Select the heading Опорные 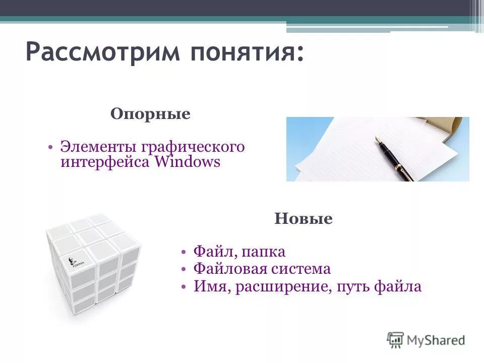tap(150, 114)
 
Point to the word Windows tap(188, 162)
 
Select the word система tap(302, 269)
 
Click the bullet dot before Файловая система tap(185, 269)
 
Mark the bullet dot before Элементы tap(51, 147)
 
